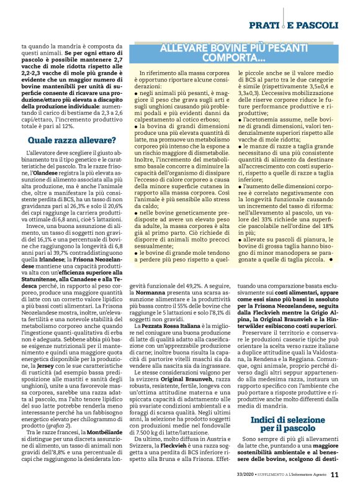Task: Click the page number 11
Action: click(x=335, y=475)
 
